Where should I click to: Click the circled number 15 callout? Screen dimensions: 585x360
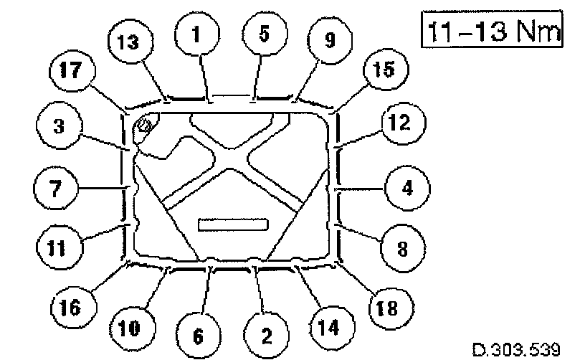click(x=385, y=72)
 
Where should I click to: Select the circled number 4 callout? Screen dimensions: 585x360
click(x=406, y=190)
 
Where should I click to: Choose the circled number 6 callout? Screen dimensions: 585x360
click(x=199, y=335)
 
